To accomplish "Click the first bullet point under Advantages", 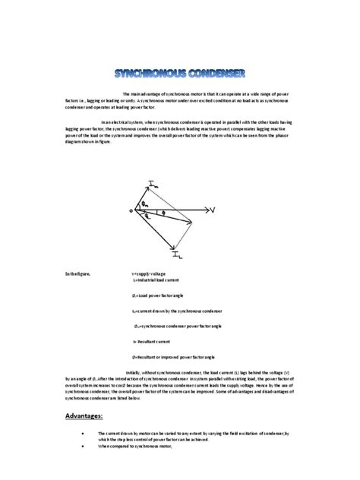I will click(80, 432).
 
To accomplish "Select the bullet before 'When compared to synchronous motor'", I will click(80, 446).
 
